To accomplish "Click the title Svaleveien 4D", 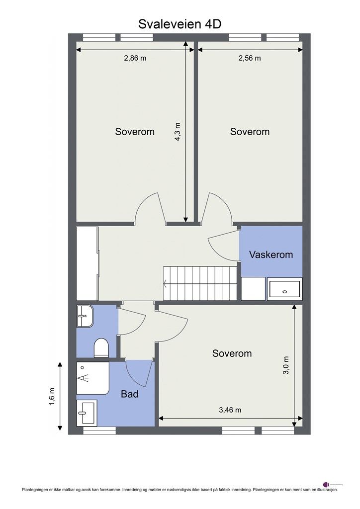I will pos(180,24).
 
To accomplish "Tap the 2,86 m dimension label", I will pos(135,58).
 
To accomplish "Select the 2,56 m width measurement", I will pos(250,58).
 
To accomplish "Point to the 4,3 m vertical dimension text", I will pos(178,132).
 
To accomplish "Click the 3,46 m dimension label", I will pos(230,410).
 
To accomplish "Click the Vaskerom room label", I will pos(271,254).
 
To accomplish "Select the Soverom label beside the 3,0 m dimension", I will pos(232,353).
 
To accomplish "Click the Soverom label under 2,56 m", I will pos(250,132).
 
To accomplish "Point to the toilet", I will pos(101,347).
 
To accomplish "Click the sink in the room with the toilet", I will pos(85,316).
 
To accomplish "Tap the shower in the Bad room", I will pos(92,378).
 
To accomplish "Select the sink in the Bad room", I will pos(87,412).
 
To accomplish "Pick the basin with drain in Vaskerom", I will pos(284,289).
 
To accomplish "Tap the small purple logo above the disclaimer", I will pos(326,484).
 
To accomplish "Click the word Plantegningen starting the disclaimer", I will pos(35,490).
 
